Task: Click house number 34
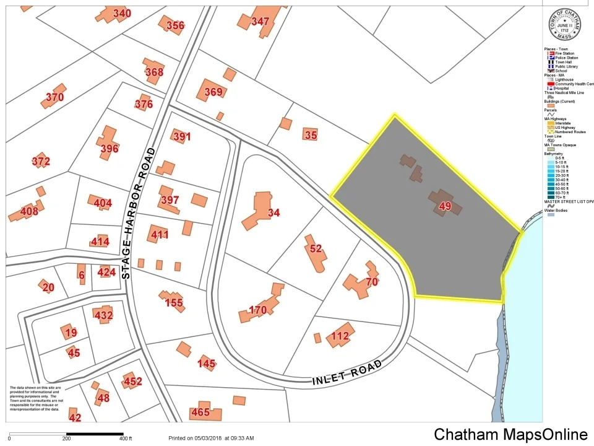coord(273,213)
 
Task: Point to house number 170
coord(257,310)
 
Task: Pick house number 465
coord(200,412)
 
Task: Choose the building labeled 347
coord(260,22)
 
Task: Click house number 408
coord(29,211)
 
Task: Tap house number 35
coord(311,134)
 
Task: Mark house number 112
coord(340,336)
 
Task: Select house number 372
coord(41,162)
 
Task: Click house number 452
coord(132,382)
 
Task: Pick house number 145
coord(207,363)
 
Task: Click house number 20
coord(48,287)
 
